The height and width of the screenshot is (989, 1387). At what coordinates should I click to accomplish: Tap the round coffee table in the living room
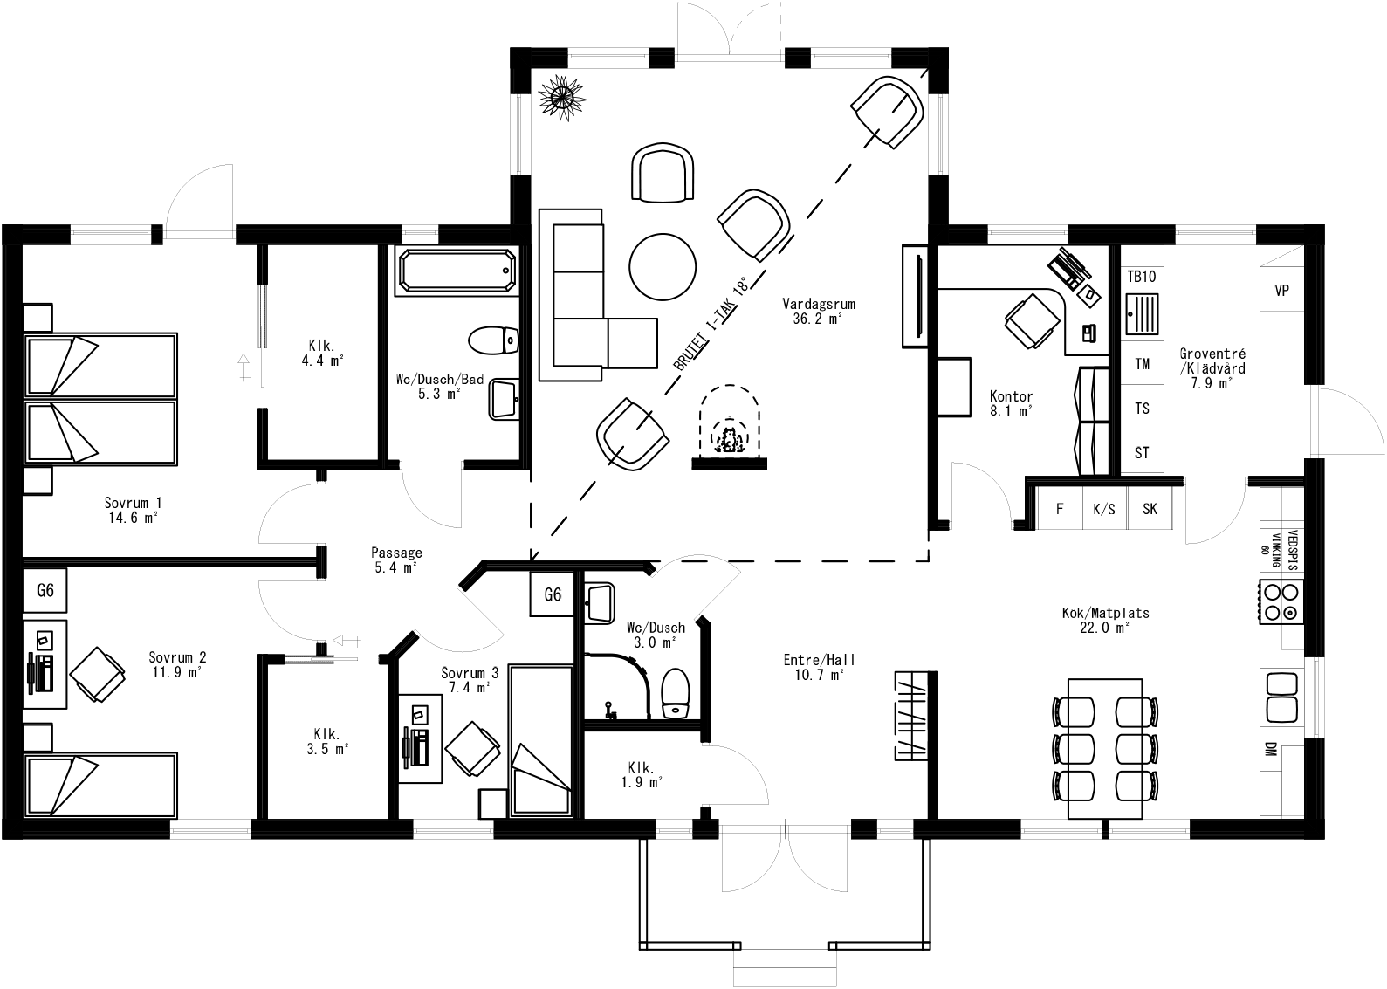click(x=663, y=266)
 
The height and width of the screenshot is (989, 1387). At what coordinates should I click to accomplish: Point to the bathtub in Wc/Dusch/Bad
click(x=456, y=271)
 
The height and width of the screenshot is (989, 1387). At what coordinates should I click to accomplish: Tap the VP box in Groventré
click(x=1281, y=291)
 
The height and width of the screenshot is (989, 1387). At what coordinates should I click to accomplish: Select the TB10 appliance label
click(x=1141, y=277)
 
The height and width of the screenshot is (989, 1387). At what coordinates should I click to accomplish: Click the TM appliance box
click(x=1142, y=364)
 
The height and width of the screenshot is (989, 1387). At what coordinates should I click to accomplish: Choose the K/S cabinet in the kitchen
click(x=1104, y=509)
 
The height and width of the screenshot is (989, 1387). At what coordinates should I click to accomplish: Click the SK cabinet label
click(x=1150, y=509)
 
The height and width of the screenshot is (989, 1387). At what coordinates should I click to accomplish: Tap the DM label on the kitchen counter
click(x=1269, y=748)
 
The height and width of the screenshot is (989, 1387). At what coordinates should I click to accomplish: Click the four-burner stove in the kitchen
click(x=1281, y=602)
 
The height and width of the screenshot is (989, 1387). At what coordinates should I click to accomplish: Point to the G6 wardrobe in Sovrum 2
click(x=45, y=591)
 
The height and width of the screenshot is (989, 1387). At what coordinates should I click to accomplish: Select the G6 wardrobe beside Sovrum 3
click(x=553, y=595)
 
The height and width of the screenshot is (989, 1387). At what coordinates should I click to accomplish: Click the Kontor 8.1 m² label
click(x=1012, y=402)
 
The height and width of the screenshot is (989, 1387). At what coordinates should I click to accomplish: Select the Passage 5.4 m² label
click(x=396, y=560)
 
